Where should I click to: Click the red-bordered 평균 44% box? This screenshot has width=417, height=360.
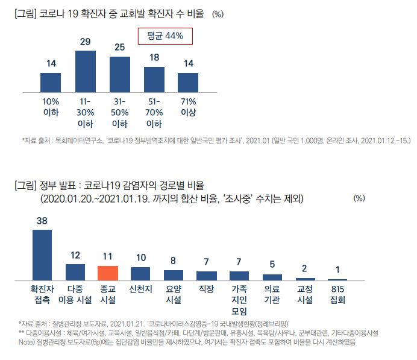pos(165,36)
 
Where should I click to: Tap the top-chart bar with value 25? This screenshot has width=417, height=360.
pos(120,75)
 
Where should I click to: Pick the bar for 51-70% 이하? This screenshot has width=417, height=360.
pos(154,80)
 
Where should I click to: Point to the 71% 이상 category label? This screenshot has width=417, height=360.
pos(189,107)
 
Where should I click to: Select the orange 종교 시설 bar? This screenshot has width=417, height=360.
pos(108,273)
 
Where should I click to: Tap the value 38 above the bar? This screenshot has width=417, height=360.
pos(42,221)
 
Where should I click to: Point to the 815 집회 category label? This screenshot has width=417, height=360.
pos(337,294)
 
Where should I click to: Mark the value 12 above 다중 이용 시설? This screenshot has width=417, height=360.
pos(75,256)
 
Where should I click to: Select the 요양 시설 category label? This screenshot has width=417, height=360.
pos(174,294)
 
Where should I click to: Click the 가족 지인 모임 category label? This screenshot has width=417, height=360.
pos(239,299)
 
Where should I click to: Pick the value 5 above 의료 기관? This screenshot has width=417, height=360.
pos(272,264)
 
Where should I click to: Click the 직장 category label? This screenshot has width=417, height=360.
pos(206,289)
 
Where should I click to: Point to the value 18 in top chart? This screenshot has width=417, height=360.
pos(154,57)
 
